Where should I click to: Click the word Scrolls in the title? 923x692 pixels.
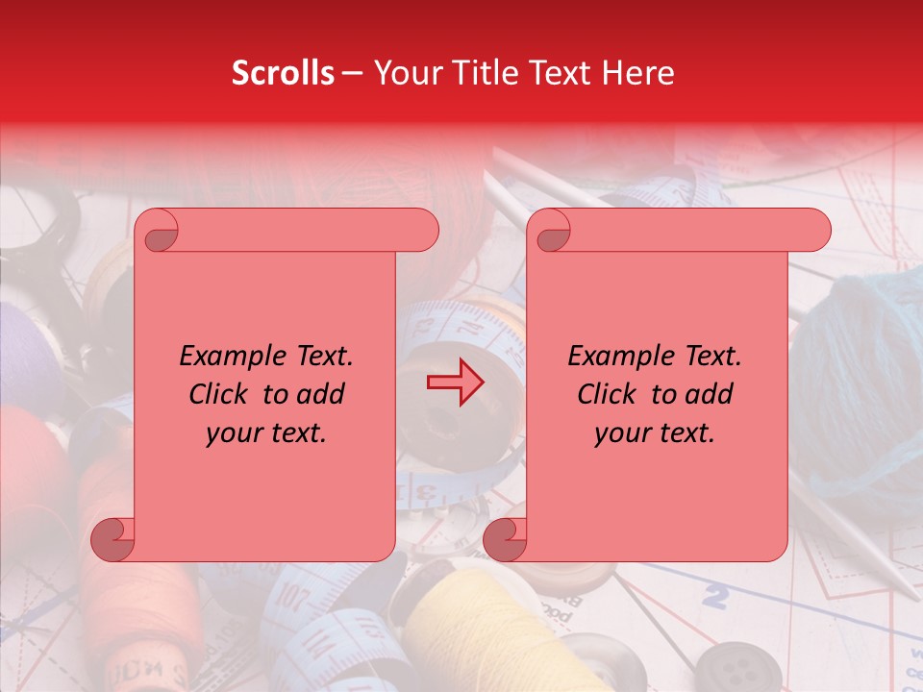283,73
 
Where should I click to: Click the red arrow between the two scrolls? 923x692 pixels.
455,383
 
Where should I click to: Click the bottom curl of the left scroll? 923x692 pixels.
112,539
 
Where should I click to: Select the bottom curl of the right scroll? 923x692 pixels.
505,539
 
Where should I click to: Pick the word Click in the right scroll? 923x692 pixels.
607,394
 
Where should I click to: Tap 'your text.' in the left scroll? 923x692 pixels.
266,433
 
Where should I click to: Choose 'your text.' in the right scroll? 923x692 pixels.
655,433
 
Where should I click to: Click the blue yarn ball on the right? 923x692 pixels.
861,375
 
